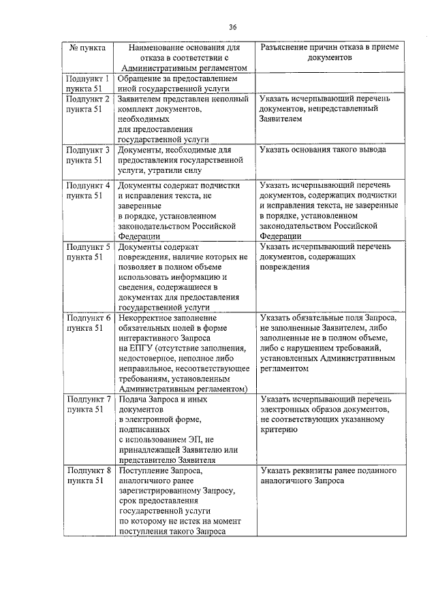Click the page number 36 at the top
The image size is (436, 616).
[232, 27]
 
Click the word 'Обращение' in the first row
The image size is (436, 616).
[141, 79]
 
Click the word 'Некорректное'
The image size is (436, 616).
[148, 317]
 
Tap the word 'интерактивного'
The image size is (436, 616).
[151, 338]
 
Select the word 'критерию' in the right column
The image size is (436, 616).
[278, 429]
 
